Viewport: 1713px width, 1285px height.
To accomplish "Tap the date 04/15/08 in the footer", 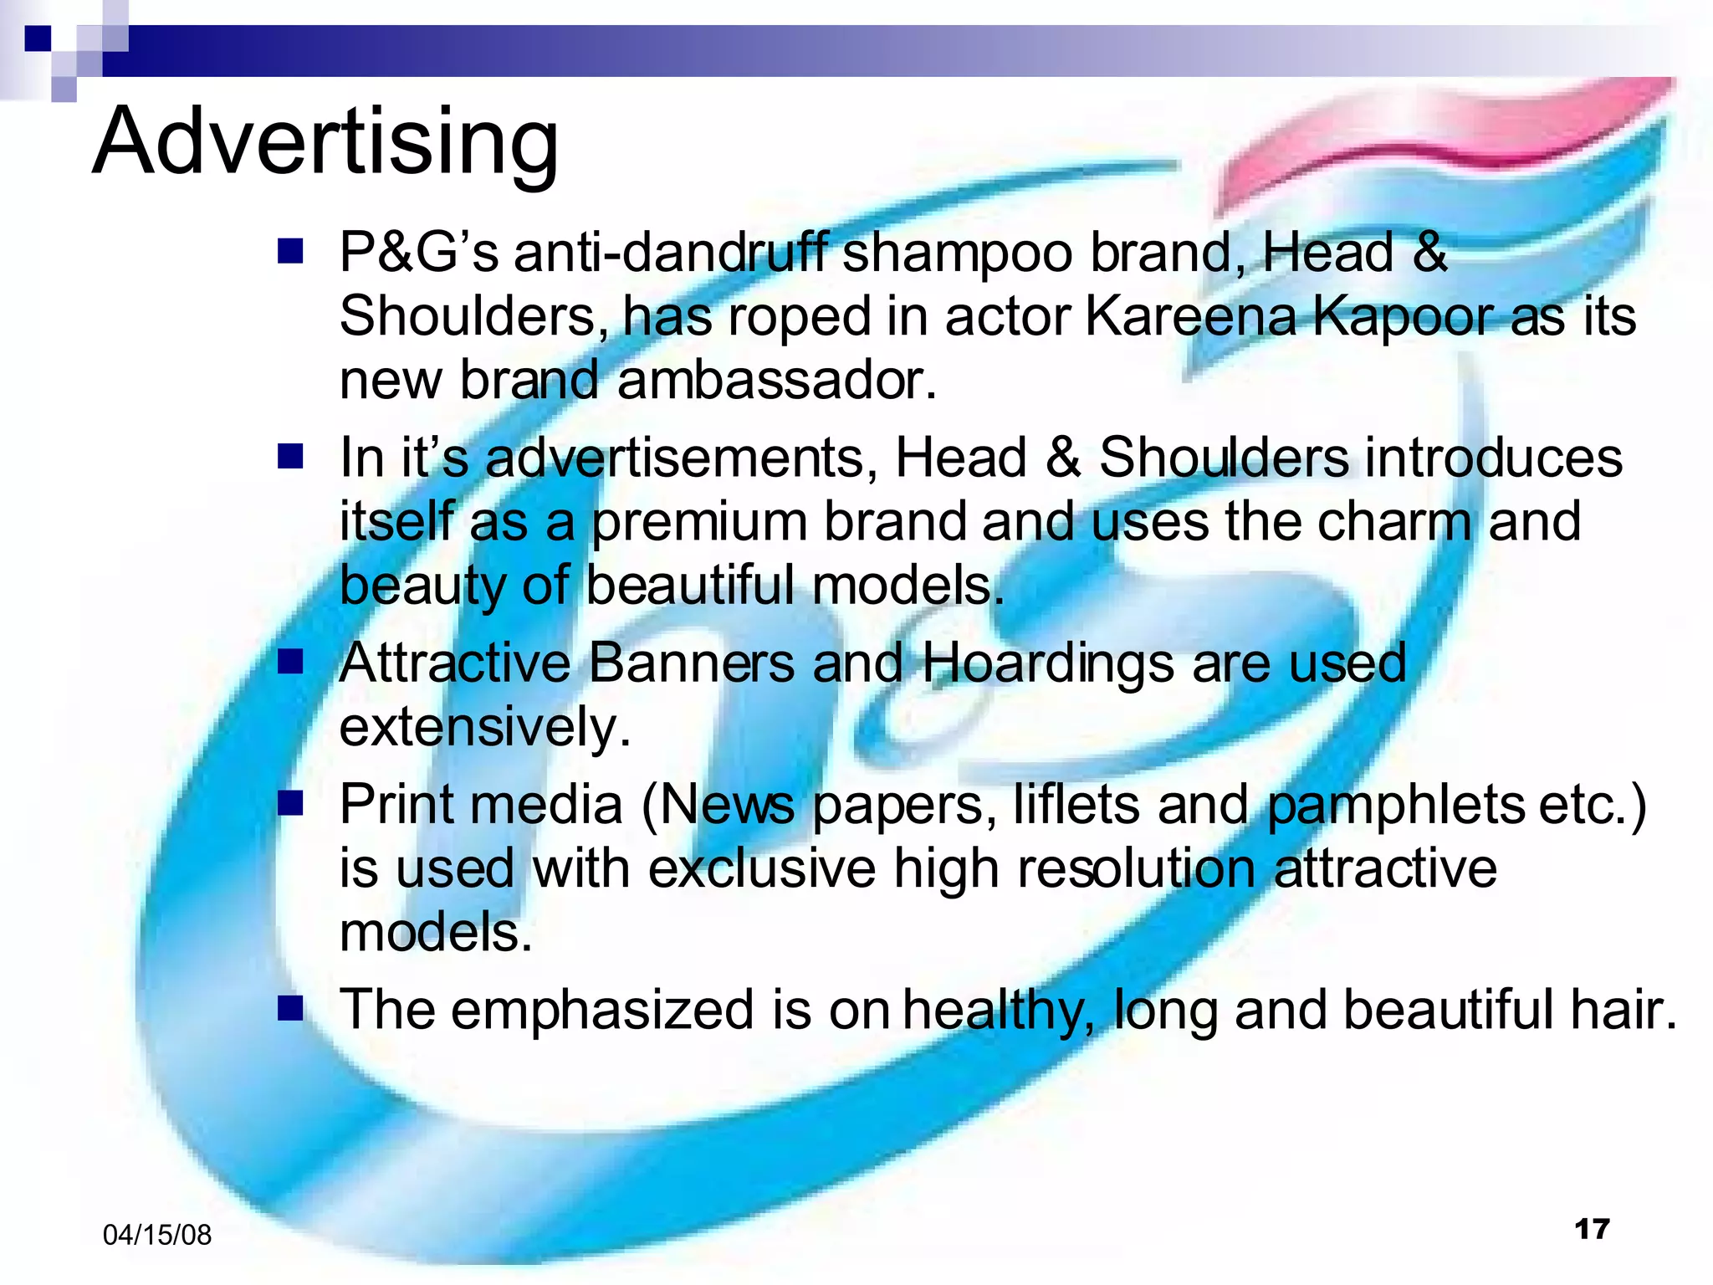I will pos(156,1235).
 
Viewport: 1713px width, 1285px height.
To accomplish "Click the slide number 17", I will pos(1592,1229).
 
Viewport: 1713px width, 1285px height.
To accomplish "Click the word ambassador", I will pos(776,380).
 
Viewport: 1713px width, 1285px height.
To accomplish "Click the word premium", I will pos(699,522).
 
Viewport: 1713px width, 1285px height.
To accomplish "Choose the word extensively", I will pos(484,727).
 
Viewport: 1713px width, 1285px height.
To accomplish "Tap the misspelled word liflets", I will pos(1076,805).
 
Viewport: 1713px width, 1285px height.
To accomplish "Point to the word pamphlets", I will pos(1395,805).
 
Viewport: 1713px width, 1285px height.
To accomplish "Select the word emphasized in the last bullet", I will pos(603,1010).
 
